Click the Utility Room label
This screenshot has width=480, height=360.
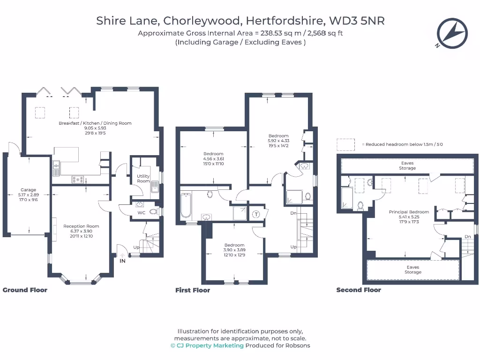(143, 179)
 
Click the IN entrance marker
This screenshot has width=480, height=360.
(122, 261)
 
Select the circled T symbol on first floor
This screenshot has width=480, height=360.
(256, 214)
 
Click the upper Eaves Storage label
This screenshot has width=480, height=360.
(407, 165)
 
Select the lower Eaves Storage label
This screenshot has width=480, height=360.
(413, 270)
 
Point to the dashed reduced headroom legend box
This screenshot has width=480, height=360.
(345, 144)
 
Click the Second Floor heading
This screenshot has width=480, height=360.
(359, 290)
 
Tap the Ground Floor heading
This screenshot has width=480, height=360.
(25, 290)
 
